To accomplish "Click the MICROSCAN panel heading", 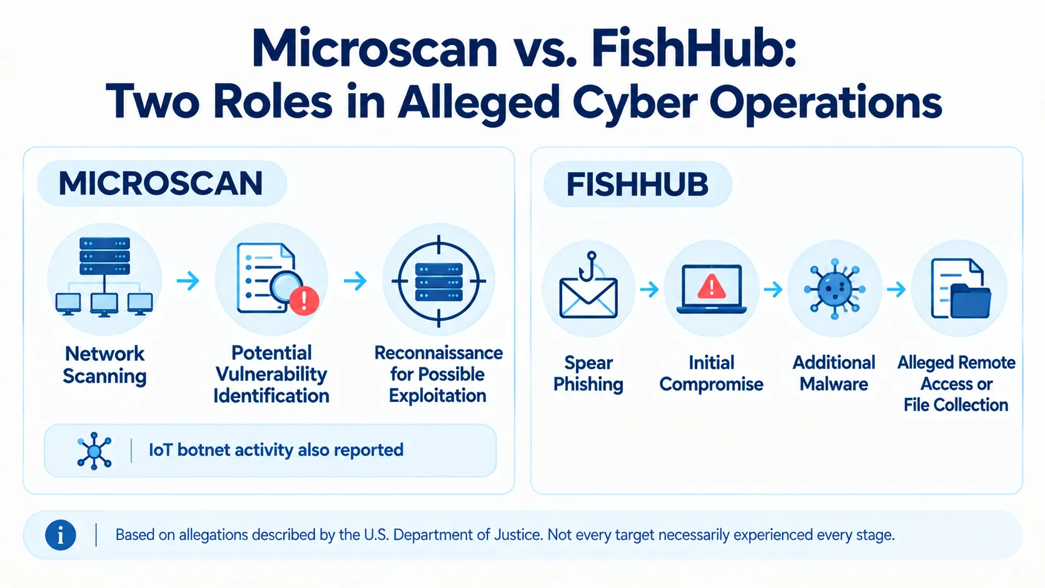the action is (x=161, y=183).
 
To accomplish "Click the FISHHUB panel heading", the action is (x=637, y=184).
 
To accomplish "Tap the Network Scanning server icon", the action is (x=104, y=277).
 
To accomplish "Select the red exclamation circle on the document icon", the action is (x=304, y=301).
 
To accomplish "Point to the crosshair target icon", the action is (x=438, y=281).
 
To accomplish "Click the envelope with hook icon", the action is (x=588, y=286).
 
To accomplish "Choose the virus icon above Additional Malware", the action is (x=835, y=289).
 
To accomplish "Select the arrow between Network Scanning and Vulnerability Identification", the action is (x=188, y=281).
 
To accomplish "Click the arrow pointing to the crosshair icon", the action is (x=355, y=281).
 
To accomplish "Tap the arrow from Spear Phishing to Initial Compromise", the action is (x=649, y=289).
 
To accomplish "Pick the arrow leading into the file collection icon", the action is (x=896, y=289).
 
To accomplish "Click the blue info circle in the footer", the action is (x=61, y=535).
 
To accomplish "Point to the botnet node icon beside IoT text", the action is (x=94, y=451).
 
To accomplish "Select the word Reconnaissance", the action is (x=438, y=353).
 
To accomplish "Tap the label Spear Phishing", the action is (x=588, y=374).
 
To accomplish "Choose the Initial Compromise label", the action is (x=712, y=374).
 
